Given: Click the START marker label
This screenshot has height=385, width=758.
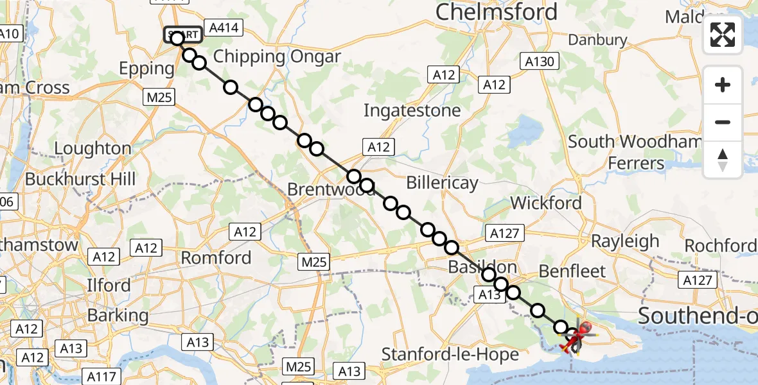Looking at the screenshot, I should coord(183,33).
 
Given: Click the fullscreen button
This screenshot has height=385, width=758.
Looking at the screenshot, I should coord(723,35).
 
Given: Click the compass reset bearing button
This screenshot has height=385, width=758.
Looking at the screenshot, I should coord(723,160).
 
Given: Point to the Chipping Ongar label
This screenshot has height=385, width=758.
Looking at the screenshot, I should coord(277,56).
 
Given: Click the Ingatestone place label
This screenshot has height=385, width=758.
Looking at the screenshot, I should coord(412,110).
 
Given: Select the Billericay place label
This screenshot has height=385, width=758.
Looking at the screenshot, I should coord(442,184).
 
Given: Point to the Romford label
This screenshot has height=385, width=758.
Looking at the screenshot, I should coord(216,258).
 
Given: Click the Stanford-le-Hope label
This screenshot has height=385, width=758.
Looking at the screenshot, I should coord(450,354).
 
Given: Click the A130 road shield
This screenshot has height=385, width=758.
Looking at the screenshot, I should coord(539,62).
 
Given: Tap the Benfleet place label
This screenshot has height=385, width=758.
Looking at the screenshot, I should coord(572,271).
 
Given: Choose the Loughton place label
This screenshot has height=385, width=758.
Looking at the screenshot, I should coord(93,149).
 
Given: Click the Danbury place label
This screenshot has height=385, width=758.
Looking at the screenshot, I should coord(597,40).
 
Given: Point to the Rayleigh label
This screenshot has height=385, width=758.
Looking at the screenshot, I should coord(625,241).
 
